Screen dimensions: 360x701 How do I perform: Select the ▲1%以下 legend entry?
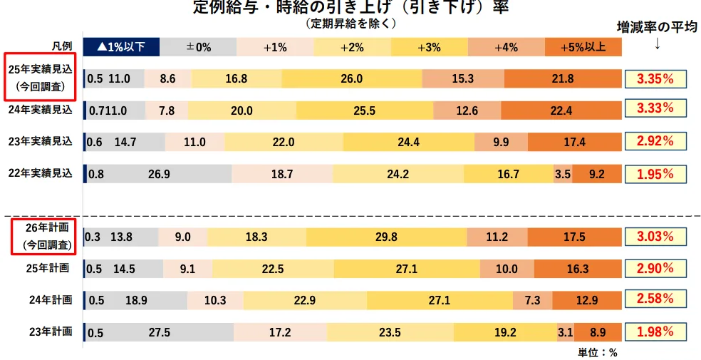pyautogui.click(x=121, y=47)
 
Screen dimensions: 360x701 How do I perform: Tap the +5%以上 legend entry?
pyautogui.click(x=583, y=47)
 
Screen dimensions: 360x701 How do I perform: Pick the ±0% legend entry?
pyautogui.click(x=198, y=47)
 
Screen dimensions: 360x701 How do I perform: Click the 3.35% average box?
pyautogui.click(x=655, y=78)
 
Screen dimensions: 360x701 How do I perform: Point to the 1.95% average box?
pyautogui.click(x=655, y=174)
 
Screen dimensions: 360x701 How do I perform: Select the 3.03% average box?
pyautogui.click(x=655, y=237)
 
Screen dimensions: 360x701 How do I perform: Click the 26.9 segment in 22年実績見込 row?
pyautogui.click(x=158, y=174)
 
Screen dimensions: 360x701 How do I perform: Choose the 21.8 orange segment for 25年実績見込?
pyautogui.click(x=562, y=78)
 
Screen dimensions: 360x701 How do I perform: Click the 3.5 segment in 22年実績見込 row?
pyautogui.click(x=562, y=174)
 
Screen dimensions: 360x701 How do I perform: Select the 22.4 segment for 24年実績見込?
pyautogui.click(x=561, y=110)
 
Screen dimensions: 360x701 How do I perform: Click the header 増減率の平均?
pyautogui.click(x=656, y=27)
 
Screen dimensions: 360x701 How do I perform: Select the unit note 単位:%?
pyautogui.click(x=597, y=352)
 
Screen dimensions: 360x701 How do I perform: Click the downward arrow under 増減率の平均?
pyautogui.click(x=656, y=44)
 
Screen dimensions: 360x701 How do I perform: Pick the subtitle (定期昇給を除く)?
pyautogui.click(x=350, y=24)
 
